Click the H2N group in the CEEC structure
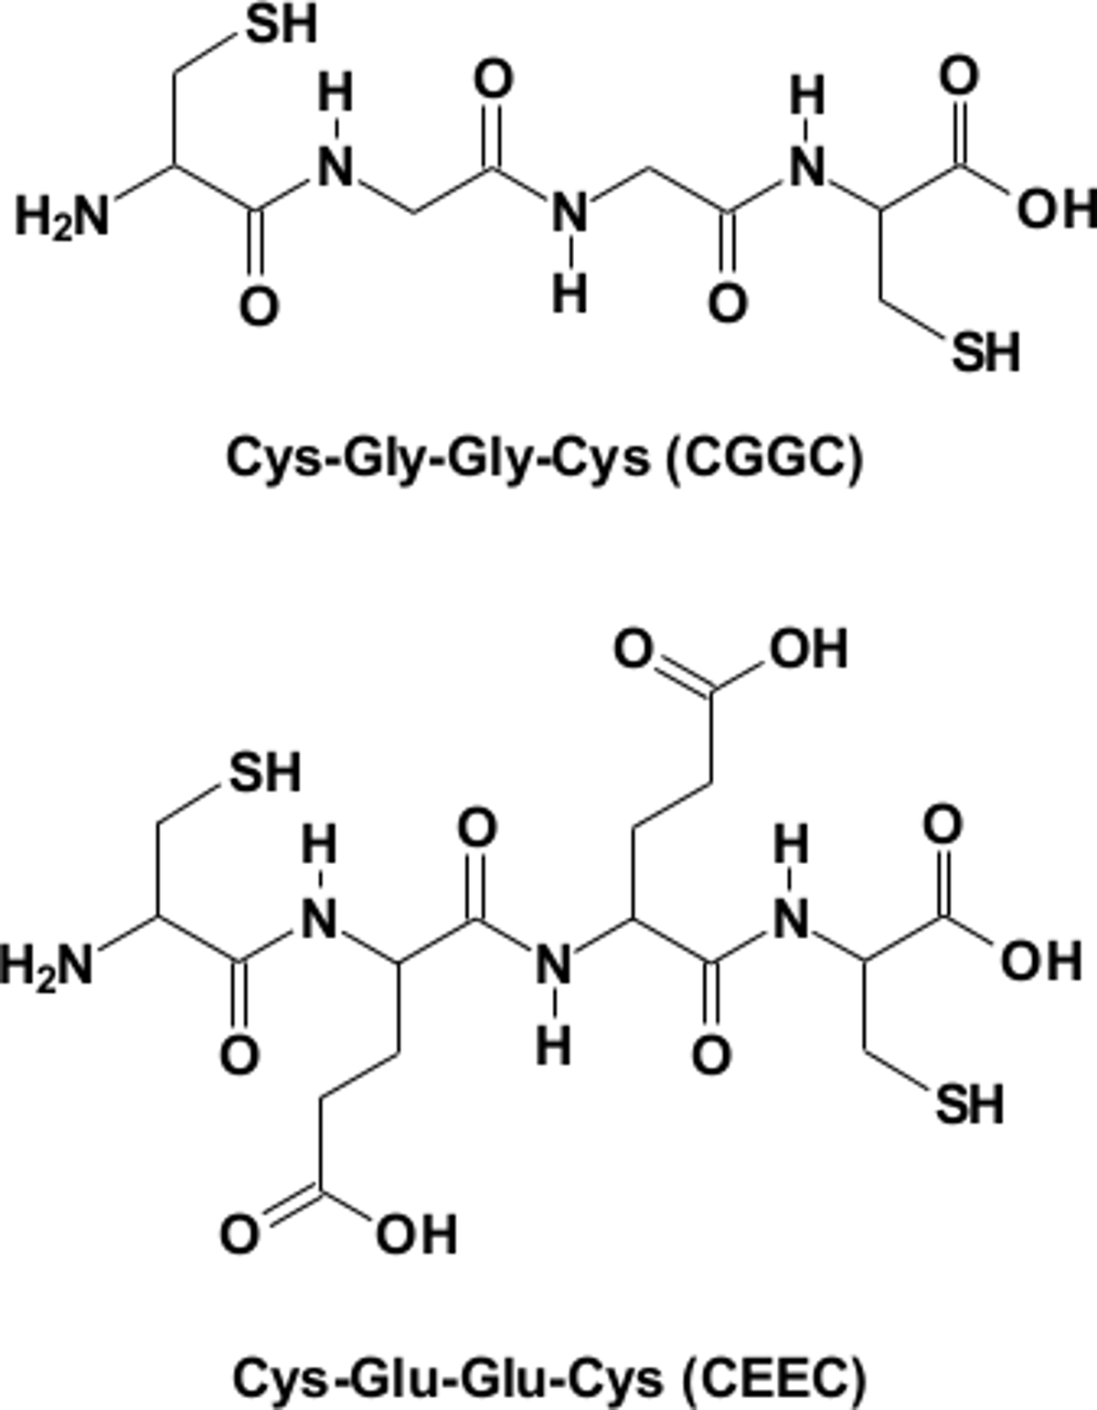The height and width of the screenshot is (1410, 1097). (48, 966)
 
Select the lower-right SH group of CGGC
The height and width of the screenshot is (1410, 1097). (985, 351)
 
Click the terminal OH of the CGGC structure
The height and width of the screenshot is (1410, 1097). (1055, 210)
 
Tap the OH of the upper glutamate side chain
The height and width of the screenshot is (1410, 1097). (808, 649)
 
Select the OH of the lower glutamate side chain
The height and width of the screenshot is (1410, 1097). (417, 1234)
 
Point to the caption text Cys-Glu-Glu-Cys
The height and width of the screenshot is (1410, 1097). (448, 1376)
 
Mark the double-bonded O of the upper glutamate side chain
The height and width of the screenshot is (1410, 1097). (638, 649)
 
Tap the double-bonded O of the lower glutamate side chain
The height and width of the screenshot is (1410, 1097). (240, 1234)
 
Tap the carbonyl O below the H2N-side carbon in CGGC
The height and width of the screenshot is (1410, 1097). (259, 305)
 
